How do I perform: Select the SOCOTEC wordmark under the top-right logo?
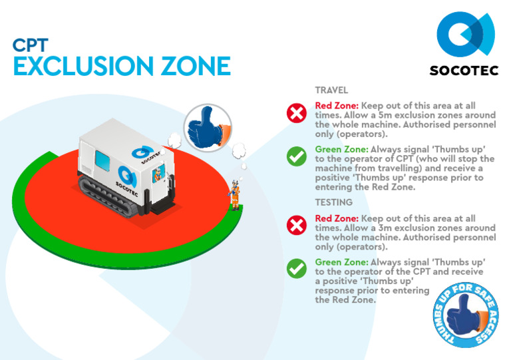tap(464, 71)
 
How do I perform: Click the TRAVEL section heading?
tap(331, 90)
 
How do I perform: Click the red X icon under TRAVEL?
tap(295, 114)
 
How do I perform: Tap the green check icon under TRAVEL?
tap(295, 156)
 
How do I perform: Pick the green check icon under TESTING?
tap(295, 268)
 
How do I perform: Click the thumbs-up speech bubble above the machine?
tap(204, 124)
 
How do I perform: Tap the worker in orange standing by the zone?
tap(235, 195)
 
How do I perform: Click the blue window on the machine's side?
tap(104, 160)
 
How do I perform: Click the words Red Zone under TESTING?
tap(337, 219)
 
